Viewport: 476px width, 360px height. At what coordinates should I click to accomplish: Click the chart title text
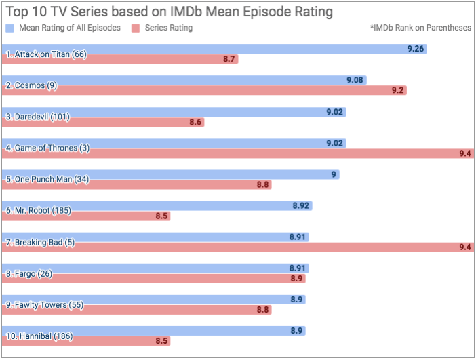click(170, 12)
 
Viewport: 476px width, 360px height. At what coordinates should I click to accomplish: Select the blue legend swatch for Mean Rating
click(9, 28)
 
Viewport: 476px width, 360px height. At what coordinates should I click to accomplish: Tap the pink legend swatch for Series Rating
click(136, 28)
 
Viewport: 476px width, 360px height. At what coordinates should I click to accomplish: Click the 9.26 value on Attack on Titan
click(416, 49)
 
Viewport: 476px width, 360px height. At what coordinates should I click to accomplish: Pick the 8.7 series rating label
click(229, 60)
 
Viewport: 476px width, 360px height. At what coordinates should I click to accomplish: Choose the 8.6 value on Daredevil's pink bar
click(195, 122)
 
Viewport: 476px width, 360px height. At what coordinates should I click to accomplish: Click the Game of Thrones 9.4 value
click(465, 154)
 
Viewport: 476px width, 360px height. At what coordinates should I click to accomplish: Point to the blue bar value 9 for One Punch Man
click(334, 174)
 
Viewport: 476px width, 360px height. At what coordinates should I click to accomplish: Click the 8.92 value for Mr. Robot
click(301, 205)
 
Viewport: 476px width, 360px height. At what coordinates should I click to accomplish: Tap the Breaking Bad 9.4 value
click(465, 247)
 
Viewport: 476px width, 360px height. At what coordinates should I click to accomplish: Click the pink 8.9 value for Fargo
click(297, 279)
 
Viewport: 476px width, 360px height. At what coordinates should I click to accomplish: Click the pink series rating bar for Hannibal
click(85, 341)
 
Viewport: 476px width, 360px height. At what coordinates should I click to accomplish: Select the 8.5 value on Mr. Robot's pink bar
click(161, 216)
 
